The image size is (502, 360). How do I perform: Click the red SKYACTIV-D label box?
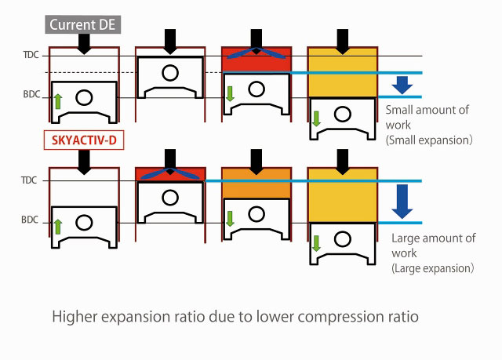[82, 142]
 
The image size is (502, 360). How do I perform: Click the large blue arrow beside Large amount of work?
[402, 200]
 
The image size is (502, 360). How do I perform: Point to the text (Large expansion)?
[432, 267]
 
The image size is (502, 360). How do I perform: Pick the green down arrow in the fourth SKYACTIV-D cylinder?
[317, 243]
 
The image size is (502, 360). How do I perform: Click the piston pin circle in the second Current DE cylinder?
[169, 73]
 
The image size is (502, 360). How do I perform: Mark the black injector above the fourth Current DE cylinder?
[341, 40]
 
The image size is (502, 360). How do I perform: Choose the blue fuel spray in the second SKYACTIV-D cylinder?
[170, 175]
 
